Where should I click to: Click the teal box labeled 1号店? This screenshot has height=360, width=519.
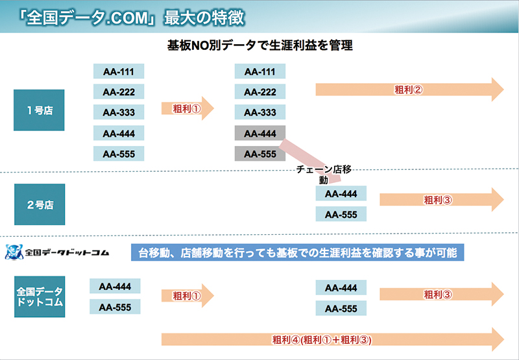click(39, 110)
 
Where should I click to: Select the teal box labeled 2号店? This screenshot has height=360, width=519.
click(40, 204)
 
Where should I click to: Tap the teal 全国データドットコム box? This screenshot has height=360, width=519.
click(40, 297)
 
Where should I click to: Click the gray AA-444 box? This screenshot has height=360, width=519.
click(260, 134)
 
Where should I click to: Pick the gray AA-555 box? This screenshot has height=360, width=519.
click(260, 154)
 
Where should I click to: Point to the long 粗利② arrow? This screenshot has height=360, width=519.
click(409, 90)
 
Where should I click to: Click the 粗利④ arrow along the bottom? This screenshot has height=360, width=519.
click(333, 339)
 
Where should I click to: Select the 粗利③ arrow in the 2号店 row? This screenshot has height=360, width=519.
click(442, 200)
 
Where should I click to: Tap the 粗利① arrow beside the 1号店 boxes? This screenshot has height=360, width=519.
click(187, 108)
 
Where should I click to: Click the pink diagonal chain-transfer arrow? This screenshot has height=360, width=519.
click(310, 160)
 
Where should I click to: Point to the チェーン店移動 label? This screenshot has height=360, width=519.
click(323, 174)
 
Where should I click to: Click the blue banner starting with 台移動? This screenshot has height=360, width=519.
click(297, 252)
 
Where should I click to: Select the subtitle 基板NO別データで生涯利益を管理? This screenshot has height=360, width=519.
click(260, 45)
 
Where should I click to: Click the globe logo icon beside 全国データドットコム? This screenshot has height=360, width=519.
click(14, 252)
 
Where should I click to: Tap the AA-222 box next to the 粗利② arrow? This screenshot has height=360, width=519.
click(260, 91)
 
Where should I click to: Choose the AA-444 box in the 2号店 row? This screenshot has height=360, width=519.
click(341, 193)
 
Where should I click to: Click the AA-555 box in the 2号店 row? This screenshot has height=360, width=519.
click(341, 214)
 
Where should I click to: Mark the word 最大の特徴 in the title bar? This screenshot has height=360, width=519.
click(204, 18)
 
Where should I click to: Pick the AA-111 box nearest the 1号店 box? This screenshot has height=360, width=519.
click(119, 71)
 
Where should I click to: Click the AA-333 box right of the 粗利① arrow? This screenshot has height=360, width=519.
click(260, 112)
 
